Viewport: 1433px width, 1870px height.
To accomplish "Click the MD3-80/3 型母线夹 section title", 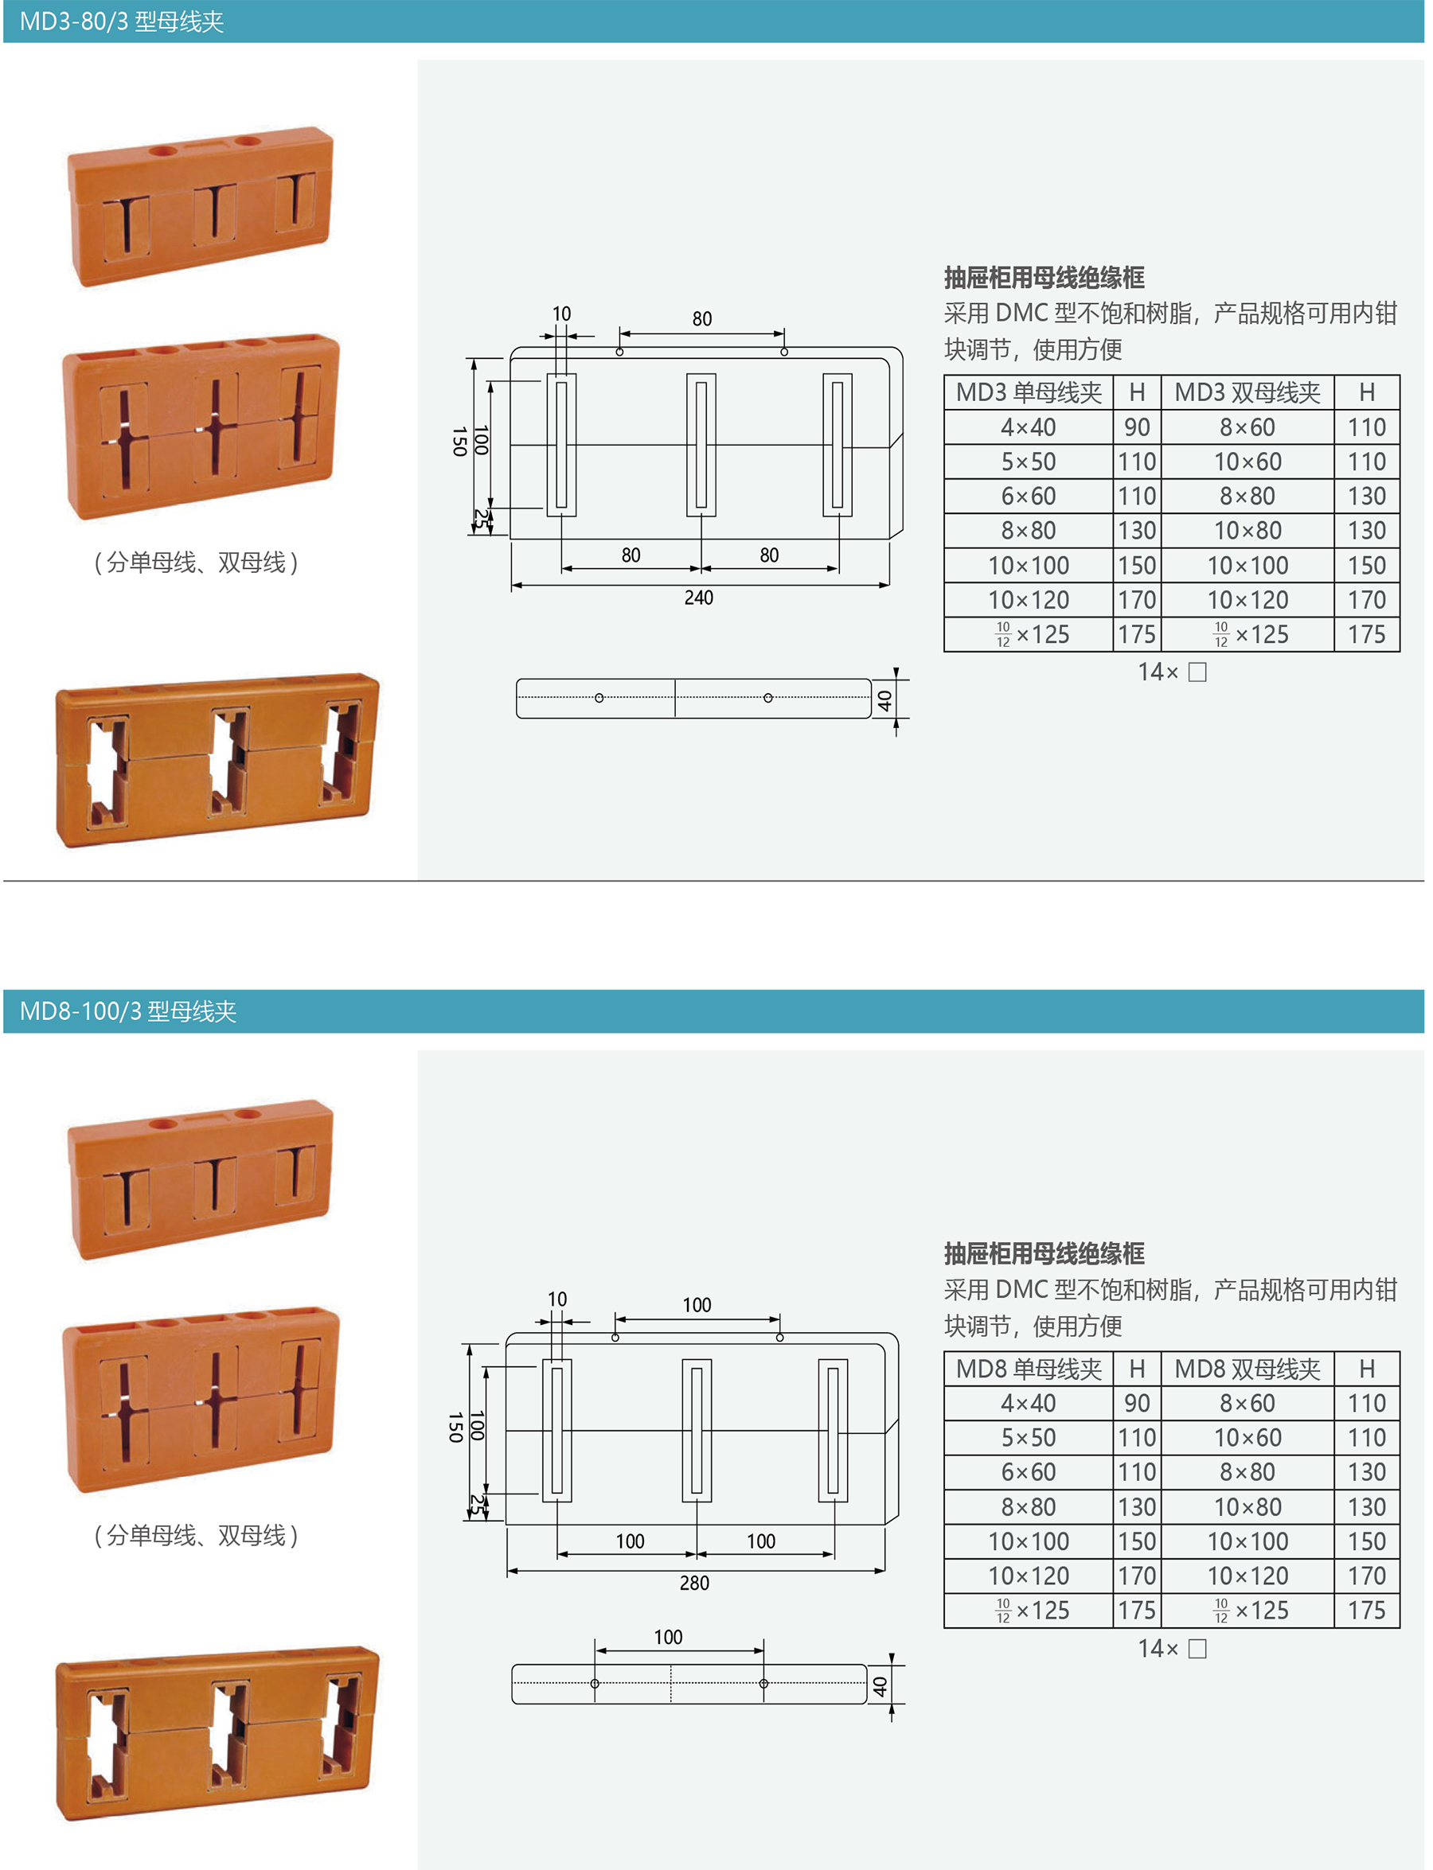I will [121, 21].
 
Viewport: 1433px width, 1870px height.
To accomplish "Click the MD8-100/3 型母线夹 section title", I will [127, 1011].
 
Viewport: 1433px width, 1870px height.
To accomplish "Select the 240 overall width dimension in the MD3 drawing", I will [699, 598].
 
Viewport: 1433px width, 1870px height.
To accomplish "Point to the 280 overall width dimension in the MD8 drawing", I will [694, 1584].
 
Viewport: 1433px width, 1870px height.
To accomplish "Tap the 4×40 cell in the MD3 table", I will [1028, 427].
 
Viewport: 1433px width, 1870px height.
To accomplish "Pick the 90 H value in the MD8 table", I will [1137, 1404].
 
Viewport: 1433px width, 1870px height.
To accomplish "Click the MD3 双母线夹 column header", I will [1247, 392].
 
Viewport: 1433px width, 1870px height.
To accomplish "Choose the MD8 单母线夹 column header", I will [1028, 1369].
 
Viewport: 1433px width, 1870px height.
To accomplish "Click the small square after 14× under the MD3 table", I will [1197, 672].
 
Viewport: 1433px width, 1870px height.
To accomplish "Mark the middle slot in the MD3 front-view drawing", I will [701, 444].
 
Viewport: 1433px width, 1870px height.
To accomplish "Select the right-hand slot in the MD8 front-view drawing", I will [833, 1430].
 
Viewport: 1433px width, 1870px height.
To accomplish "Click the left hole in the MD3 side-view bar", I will [599, 699].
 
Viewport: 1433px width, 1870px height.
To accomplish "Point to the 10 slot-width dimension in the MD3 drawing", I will [561, 314].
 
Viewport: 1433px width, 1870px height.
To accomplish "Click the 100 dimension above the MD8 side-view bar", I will [668, 1637].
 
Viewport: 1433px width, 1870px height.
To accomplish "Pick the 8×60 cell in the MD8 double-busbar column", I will [1247, 1404].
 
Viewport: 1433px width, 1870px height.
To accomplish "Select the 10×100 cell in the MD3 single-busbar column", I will [1028, 565].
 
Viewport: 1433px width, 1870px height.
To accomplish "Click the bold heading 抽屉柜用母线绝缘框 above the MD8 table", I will [1044, 1253].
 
